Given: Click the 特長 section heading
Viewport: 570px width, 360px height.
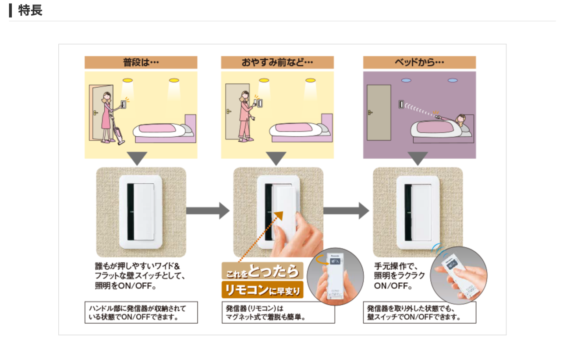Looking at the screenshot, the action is (x=30, y=11).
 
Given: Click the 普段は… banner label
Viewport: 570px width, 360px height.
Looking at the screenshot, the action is (x=141, y=62).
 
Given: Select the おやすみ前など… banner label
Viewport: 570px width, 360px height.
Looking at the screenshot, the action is (x=277, y=62).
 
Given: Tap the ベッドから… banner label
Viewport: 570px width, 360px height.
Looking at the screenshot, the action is (x=419, y=62).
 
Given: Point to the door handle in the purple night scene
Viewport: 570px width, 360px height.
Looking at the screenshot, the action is (x=370, y=112).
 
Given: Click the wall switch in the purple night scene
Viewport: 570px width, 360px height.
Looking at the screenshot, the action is (x=401, y=104).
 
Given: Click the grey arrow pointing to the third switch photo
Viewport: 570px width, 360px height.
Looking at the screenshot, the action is (x=346, y=211).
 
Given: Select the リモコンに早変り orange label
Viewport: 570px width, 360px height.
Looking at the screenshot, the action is (x=262, y=290).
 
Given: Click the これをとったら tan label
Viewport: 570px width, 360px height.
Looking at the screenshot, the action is (x=262, y=271).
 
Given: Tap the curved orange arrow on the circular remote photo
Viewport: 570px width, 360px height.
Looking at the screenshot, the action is (x=321, y=260).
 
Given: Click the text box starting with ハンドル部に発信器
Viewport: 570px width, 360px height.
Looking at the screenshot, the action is (x=141, y=312).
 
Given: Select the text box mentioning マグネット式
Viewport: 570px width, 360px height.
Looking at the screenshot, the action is (x=278, y=312).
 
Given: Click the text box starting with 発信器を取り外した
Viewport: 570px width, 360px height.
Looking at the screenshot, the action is (x=420, y=312).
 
